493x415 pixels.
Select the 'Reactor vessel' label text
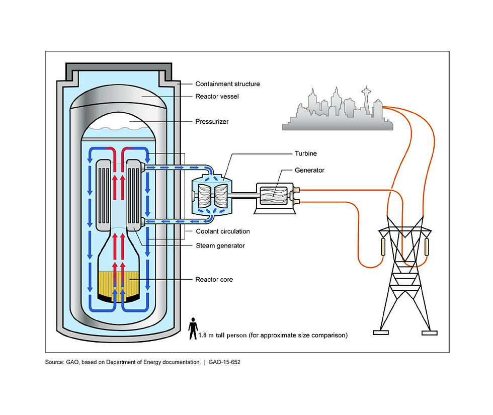[x=217, y=96]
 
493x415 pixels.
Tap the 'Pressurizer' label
[x=212, y=121]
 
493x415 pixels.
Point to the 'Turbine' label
[x=306, y=153]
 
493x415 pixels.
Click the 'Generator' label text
[x=310, y=170]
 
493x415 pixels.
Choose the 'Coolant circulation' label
[x=222, y=231]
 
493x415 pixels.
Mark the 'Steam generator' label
[x=220, y=245]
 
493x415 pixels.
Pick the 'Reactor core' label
[x=214, y=279]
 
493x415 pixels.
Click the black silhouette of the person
[x=193, y=328]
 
